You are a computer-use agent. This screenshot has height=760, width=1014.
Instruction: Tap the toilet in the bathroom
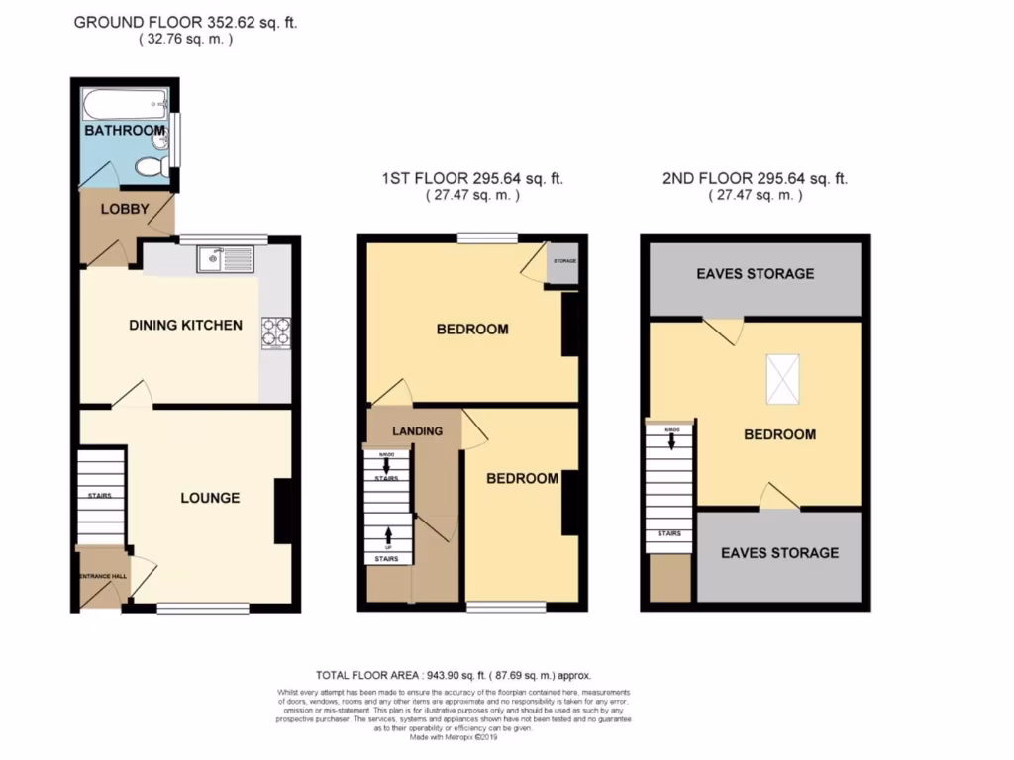[152, 167]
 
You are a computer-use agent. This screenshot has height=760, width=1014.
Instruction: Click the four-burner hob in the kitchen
[275, 332]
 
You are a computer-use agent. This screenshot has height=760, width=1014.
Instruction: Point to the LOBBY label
[124, 209]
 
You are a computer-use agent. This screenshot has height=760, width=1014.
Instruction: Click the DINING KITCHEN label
[185, 325]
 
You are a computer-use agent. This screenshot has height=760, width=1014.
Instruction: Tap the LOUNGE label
[209, 498]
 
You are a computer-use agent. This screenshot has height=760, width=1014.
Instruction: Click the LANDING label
[416, 431]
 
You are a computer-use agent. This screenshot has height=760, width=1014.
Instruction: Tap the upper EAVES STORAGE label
[755, 273]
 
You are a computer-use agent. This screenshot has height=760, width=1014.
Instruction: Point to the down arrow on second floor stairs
[671, 441]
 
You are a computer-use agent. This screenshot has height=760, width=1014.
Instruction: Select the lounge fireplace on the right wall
[282, 510]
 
